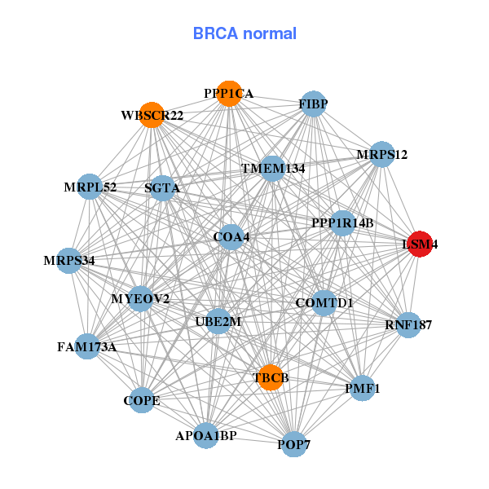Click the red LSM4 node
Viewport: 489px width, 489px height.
419,244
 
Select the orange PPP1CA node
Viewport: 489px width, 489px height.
230,94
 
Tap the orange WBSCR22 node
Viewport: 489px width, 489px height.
152,115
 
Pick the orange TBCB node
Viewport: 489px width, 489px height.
271,377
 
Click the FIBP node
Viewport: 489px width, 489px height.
313,104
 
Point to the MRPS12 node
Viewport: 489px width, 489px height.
381,154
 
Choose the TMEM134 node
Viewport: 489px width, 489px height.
272,169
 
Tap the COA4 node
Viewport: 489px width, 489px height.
231,237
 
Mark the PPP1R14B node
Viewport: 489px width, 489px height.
342,222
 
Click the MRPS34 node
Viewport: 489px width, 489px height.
70,261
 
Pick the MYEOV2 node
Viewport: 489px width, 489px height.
140,299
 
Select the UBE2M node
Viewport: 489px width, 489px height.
218,321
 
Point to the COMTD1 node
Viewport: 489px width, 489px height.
324,303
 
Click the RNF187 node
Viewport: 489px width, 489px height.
407,325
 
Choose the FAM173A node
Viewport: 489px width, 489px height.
86,346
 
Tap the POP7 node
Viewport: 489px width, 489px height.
293,444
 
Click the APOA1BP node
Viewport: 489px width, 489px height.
205,436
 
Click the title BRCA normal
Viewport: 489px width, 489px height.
244,33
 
